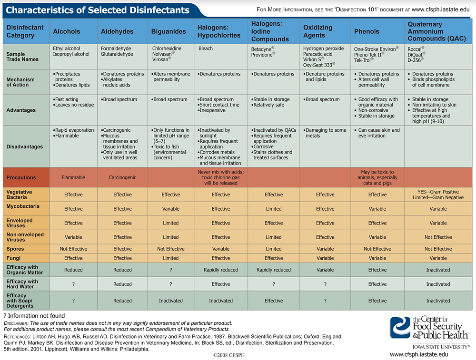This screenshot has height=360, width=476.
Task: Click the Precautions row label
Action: coord(21,177)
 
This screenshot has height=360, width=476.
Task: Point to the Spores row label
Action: coord(15,249)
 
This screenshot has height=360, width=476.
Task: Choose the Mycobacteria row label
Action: coord(23,206)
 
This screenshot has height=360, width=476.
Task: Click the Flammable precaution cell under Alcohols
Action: coord(73,177)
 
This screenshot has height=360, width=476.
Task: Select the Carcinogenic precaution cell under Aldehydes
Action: coord(122,177)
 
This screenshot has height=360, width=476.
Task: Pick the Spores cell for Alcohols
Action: coord(73,249)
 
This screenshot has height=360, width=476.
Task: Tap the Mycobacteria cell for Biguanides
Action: coord(170,209)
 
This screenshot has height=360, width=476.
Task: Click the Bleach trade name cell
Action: coord(206,49)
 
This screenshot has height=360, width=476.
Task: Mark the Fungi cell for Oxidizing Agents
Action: coord(325,258)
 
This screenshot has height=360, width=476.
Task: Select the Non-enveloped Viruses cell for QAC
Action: coord(438,237)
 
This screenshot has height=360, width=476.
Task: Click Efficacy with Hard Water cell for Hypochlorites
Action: coord(221,284)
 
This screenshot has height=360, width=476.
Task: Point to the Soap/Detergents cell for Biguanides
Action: coord(170,301)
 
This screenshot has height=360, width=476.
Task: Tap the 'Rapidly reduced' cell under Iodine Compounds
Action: coord(274,270)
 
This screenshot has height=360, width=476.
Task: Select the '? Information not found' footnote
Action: coord(34,316)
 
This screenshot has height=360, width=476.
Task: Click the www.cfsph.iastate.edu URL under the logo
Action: coord(418,354)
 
